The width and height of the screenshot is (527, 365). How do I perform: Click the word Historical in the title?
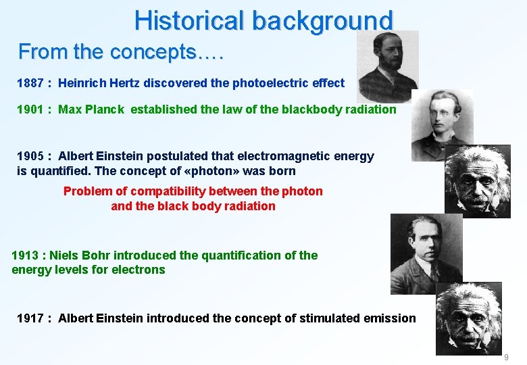pos(190,20)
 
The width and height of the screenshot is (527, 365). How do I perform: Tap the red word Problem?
pos(87,191)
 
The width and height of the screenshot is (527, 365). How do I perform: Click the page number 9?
pos(506,357)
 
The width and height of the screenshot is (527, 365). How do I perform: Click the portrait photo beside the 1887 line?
pos(387,66)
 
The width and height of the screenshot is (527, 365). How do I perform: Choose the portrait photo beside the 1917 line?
pos(468,318)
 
